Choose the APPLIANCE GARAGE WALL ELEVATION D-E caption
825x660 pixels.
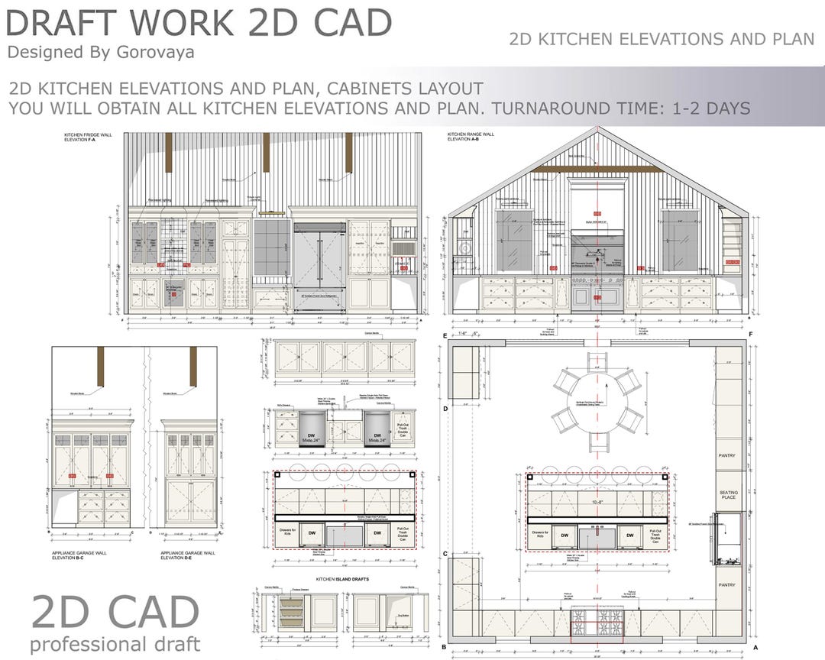[188, 555]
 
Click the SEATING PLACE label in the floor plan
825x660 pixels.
[729, 494]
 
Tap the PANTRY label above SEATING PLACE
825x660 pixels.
[727, 456]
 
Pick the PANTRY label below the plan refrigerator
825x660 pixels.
[727, 584]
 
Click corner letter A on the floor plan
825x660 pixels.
[754, 647]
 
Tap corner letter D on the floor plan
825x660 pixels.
[444, 409]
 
